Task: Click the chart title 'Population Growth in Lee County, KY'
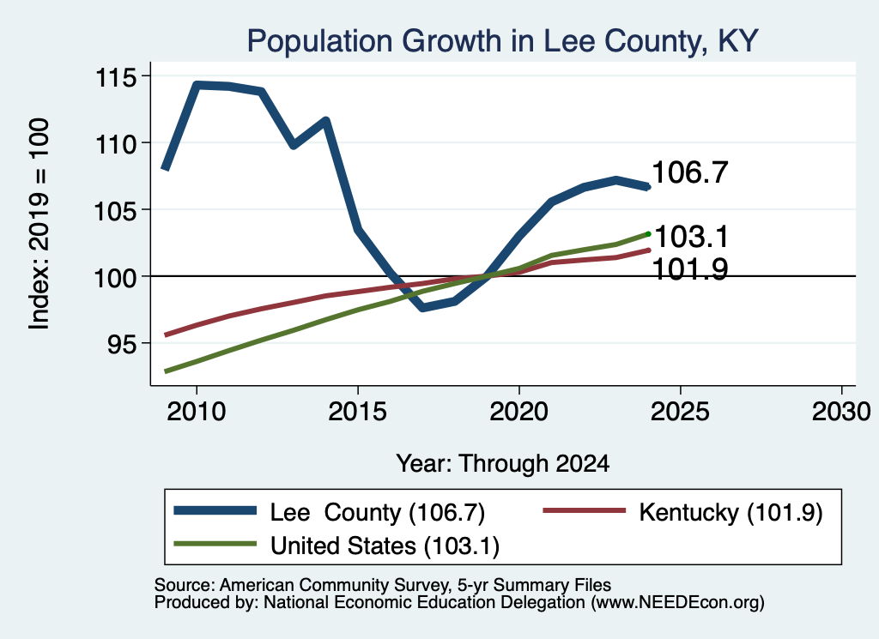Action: pyautogui.click(x=502, y=42)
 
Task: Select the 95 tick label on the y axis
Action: pyautogui.click(x=122, y=344)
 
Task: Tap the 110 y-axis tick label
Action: pyautogui.click(x=116, y=144)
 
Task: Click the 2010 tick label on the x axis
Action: pyautogui.click(x=197, y=413)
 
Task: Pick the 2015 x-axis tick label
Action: pyautogui.click(x=358, y=413)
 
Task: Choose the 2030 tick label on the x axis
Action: pyautogui.click(x=841, y=413)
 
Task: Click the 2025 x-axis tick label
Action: pyautogui.click(x=680, y=413)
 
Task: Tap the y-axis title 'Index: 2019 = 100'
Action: pyautogui.click(x=39, y=224)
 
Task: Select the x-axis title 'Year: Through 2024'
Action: pyautogui.click(x=503, y=464)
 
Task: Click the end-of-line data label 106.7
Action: pyautogui.click(x=690, y=172)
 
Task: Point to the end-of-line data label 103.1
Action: pyautogui.click(x=691, y=237)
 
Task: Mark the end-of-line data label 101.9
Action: pyautogui.click(x=690, y=269)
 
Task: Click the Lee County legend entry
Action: pyautogui.click(x=330, y=512)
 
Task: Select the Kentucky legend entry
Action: pyautogui.click(x=682, y=512)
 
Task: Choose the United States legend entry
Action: pyautogui.click(x=336, y=546)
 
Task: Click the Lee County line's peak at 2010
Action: pyautogui.click(x=197, y=85)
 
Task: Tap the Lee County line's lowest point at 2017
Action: pyautogui.click(x=422, y=307)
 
